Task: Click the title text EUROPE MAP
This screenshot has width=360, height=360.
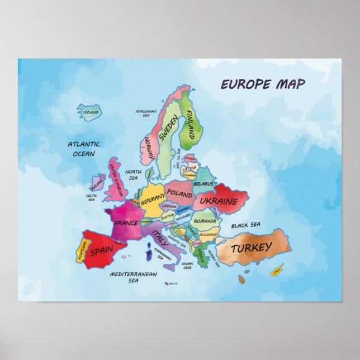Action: click(263, 84)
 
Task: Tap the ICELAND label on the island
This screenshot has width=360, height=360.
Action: click(91, 112)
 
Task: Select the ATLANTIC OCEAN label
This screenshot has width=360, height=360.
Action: click(84, 149)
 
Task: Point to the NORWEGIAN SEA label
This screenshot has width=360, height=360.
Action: click(145, 113)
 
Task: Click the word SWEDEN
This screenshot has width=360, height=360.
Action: click(168, 128)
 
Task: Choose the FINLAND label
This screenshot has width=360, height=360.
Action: click(191, 125)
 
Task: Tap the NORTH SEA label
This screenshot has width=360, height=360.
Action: click(133, 175)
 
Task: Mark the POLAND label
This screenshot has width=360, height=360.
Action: click(179, 193)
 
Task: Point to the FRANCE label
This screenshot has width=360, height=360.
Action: click(126, 222)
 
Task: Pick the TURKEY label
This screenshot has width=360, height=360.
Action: click(252, 247)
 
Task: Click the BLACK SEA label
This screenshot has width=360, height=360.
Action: click(246, 225)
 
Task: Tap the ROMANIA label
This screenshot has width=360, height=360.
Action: click(205, 221)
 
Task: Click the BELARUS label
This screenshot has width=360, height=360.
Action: click(203, 183)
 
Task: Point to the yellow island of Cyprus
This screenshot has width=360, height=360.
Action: click(276, 272)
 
